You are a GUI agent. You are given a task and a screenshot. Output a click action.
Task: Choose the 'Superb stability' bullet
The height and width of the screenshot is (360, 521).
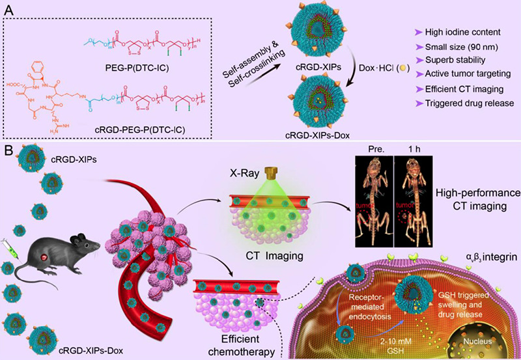pos(438,63)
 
